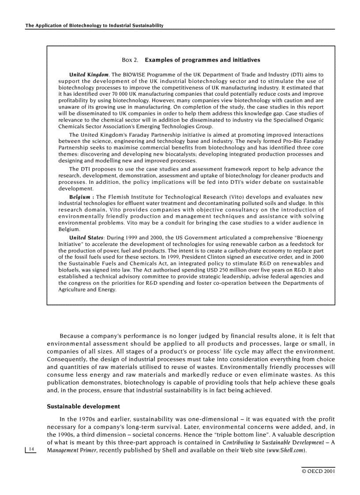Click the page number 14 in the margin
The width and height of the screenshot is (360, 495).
(x=31, y=449)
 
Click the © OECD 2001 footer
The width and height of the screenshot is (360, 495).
(x=318, y=471)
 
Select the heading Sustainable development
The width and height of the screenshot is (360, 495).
(x=83, y=406)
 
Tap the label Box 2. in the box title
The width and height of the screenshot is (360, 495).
(x=130, y=60)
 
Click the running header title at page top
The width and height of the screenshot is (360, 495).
(x=94, y=26)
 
